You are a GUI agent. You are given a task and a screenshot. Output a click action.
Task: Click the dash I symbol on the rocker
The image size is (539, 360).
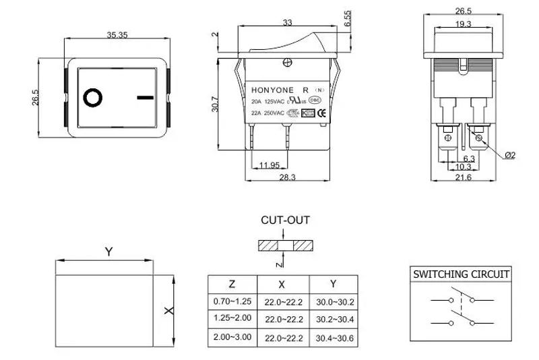pos(145,97)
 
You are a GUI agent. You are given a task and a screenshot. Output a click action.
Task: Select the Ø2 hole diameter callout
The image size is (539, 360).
pos(510,155)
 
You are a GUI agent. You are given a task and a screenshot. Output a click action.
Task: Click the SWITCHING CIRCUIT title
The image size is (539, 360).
pos(461,274)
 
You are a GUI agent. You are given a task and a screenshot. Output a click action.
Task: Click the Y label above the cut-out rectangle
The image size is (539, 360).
pos(108,251)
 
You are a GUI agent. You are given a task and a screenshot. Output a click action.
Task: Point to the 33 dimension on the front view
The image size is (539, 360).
pos(287,23)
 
